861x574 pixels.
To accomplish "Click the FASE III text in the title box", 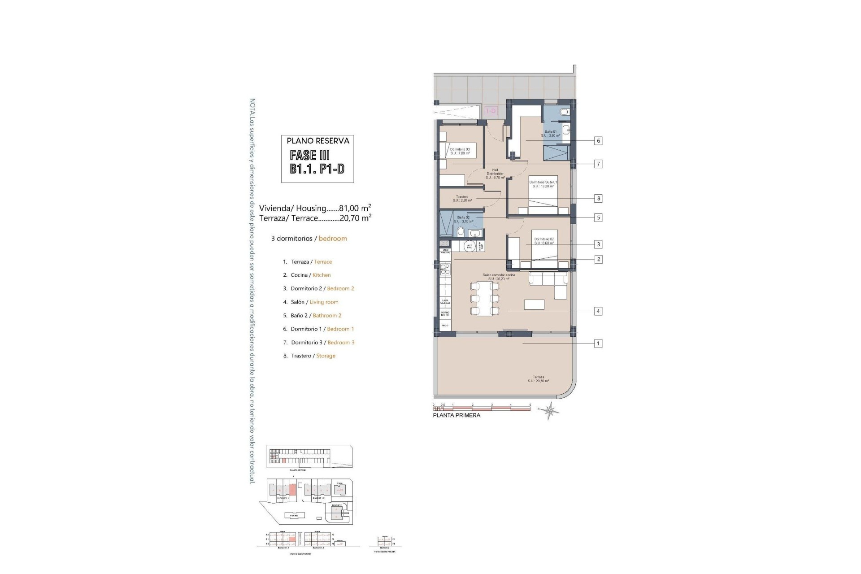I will (310, 156).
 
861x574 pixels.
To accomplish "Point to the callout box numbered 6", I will (598, 141).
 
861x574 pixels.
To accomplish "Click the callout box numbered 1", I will (598, 344).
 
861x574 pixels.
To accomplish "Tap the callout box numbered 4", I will (598, 311).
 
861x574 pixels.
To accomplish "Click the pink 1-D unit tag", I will (491, 111).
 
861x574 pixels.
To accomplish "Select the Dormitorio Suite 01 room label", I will (543, 184).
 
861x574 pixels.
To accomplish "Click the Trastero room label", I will (463, 198).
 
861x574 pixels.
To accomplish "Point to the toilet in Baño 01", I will (565, 112).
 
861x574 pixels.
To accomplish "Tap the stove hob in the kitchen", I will (445, 269).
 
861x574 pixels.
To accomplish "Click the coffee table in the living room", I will (534, 305).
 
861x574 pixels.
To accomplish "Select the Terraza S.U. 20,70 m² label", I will (538, 379).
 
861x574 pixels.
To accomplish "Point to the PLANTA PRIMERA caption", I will (456, 415).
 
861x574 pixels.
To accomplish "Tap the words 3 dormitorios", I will (291, 239).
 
